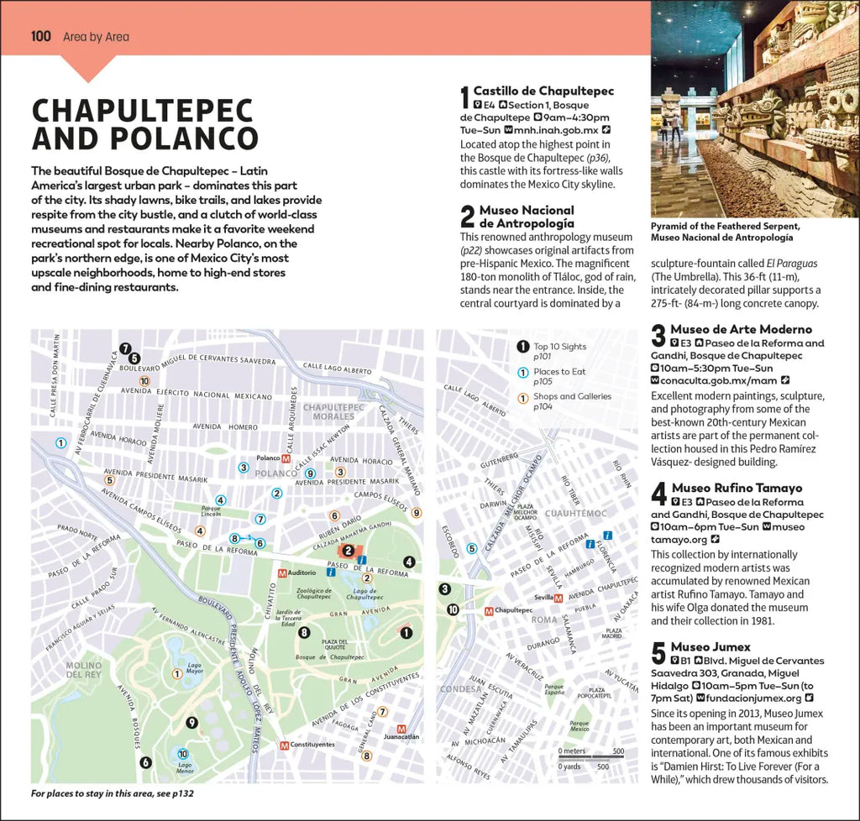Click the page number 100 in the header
41,36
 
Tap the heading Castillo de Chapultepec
543,91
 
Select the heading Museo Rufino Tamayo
737,488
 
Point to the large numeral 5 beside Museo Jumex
658,654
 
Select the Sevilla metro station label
542,598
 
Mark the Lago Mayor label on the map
195,668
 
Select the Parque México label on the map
579,724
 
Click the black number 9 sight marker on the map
191,722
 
